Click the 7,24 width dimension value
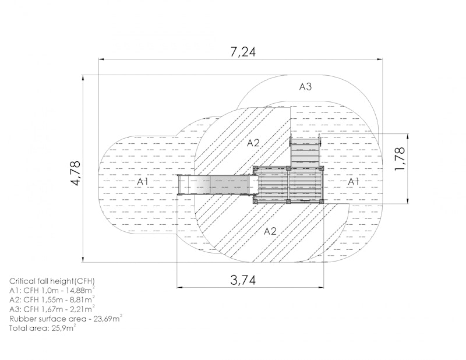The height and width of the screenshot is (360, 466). tap(243, 52)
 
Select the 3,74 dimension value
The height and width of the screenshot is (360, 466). tap(243, 280)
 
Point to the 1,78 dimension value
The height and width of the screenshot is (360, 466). tap(400, 159)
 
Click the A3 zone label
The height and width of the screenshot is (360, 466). tap(305, 87)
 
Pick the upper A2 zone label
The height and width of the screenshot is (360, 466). tap(253, 143)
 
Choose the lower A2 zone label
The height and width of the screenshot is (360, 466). tap(270, 231)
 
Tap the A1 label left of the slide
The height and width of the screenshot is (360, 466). tap(143, 181)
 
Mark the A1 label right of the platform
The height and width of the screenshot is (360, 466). tap(354, 181)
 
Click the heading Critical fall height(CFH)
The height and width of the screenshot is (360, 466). tap(52, 281)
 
